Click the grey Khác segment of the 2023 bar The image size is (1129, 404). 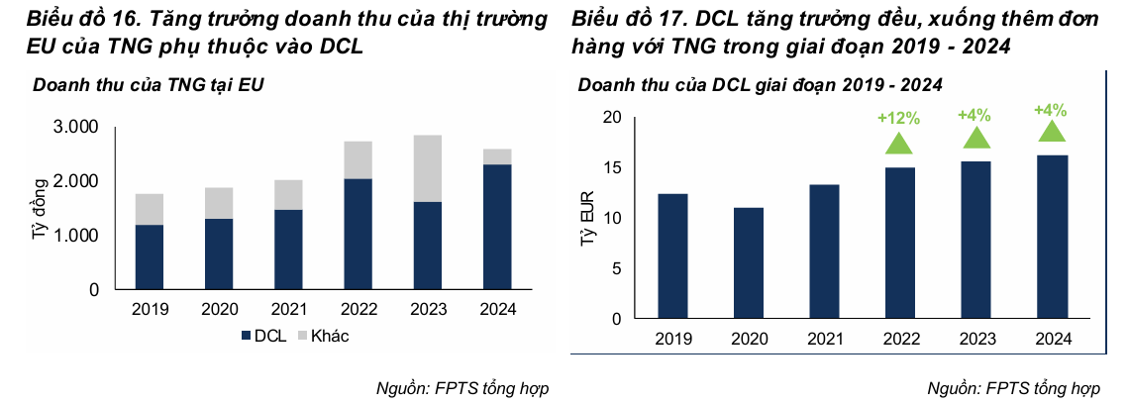[x=428, y=168]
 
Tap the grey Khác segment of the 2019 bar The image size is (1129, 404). [x=150, y=209]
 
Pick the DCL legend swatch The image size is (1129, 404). [x=246, y=336]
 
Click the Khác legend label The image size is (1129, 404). [x=330, y=336]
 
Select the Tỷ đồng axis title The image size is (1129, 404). [x=41, y=209]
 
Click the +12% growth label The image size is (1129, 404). [x=898, y=118]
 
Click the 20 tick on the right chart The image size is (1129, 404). [x=611, y=118]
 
